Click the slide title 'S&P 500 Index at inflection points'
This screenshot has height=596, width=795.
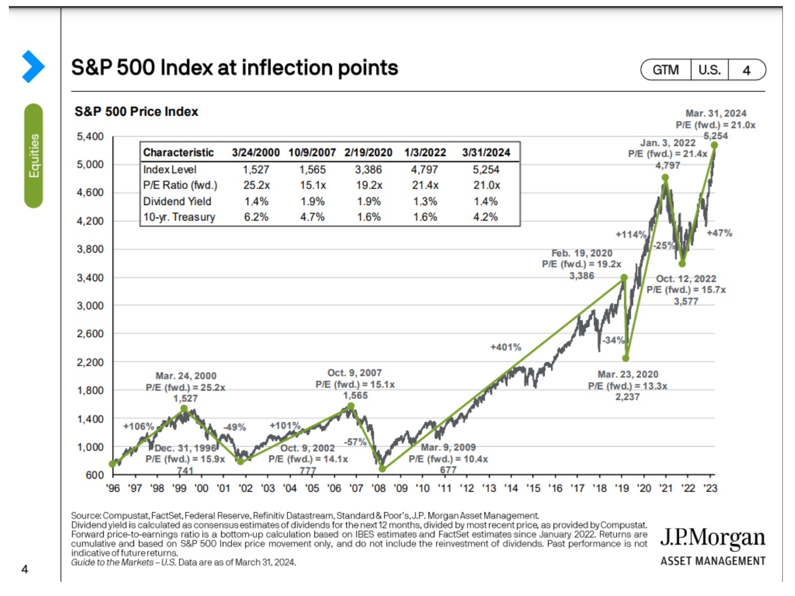pos(234,68)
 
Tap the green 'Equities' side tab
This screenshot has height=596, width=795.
pos(34,155)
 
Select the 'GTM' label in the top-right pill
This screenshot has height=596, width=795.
pos(665,70)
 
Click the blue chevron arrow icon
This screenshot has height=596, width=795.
pos(33,66)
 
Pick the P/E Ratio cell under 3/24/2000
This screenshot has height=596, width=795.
pos(256,185)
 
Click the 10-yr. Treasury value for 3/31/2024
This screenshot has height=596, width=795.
pos(485,217)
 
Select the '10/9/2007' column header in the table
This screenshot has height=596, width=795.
pos(312,152)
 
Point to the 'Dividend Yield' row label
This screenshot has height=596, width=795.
pos(177,201)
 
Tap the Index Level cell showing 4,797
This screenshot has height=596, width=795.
pos(425,169)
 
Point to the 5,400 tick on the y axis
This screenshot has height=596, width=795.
pos(90,136)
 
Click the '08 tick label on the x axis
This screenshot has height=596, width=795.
pos(378,488)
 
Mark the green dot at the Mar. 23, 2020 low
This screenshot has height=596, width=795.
pos(626,358)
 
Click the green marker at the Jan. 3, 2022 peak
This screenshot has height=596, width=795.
pos(665,178)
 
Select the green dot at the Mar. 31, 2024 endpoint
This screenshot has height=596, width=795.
pos(714,145)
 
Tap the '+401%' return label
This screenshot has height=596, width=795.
pos(506,347)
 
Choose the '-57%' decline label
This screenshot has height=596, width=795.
pos(355,442)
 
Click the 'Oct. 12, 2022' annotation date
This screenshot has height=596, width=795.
pos(686,278)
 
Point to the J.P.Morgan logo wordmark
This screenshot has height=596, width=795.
pos(712,538)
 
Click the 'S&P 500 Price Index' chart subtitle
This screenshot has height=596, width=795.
pos(136,111)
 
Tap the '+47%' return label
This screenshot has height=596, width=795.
pos(719,233)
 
